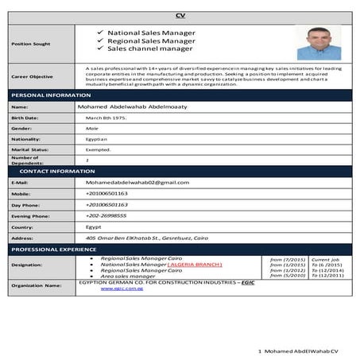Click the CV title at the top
pyautogui.click(x=180, y=16)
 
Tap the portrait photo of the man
pyautogui.click(x=319, y=42)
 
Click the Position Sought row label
pyautogui.click(x=30, y=44)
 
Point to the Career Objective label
pyautogui.click(x=33, y=76)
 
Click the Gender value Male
pyautogui.click(x=92, y=128)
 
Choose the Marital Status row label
pyautogui.click(x=30, y=149)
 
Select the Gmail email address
pyautogui.click(x=137, y=182)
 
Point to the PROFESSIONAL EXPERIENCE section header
pyautogui.click(x=53, y=250)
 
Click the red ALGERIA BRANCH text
pyautogui.click(x=195, y=265)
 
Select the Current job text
pyautogui.click(x=324, y=259)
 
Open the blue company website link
pyautogui.click(x=121, y=288)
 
